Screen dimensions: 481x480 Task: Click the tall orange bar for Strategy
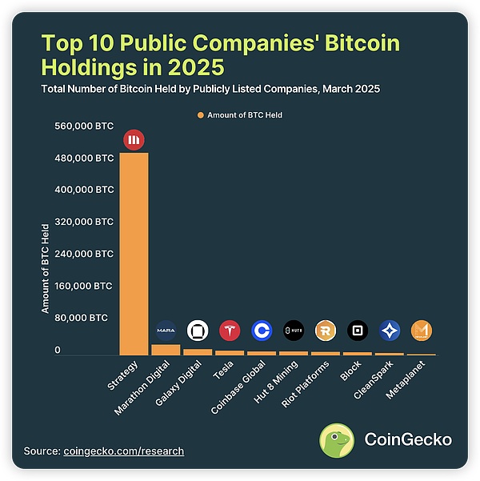click(x=134, y=254)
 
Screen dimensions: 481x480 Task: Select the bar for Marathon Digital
click(x=166, y=350)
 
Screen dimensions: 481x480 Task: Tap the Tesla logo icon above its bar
click(x=230, y=330)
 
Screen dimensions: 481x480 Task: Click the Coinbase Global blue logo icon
click(x=262, y=330)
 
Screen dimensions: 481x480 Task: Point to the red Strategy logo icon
click(x=134, y=140)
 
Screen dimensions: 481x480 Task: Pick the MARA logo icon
click(x=166, y=330)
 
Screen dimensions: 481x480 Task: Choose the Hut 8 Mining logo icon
click(x=294, y=330)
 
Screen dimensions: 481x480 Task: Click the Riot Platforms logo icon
click(x=326, y=330)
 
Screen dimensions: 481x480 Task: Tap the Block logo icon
click(x=358, y=330)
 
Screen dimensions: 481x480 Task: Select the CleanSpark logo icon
click(x=390, y=330)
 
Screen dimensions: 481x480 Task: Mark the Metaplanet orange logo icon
click(x=422, y=330)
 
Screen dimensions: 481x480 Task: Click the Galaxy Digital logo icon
click(x=198, y=330)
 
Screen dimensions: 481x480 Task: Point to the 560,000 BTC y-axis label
click(x=84, y=126)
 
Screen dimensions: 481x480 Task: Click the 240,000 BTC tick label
click(x=84, y=254)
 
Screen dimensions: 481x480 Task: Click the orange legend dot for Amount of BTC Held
click(x=200, y=115)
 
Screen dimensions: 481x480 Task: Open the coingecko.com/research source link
click(x=123, y=451)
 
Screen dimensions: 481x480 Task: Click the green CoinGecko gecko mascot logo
click(x=338, y=440)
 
